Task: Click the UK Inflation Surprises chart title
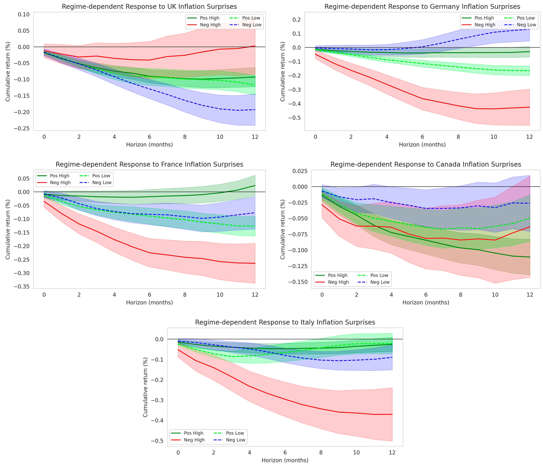149,7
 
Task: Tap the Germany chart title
422,7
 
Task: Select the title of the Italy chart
285,322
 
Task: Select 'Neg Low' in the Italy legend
236,440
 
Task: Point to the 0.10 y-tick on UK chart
24,14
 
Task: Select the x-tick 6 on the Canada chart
426,295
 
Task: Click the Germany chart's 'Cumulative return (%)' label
282,71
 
